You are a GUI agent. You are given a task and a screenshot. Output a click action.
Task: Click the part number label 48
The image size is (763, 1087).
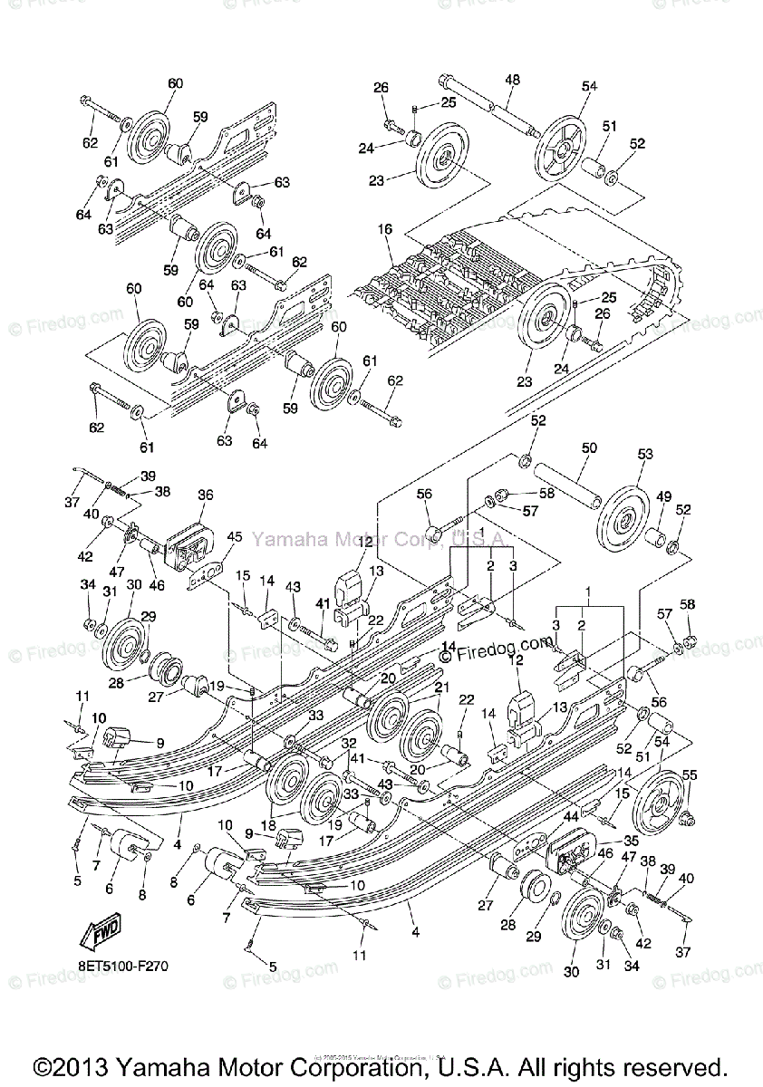[512, 81]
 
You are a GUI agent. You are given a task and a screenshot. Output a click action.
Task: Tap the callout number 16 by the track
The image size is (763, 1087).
[385, 230]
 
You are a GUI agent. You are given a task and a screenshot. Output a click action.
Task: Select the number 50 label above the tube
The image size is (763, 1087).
[589, 449]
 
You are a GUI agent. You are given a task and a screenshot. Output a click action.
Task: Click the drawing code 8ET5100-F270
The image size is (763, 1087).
[122, 966]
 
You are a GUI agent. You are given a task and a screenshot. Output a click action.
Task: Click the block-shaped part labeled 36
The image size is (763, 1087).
[188, 543]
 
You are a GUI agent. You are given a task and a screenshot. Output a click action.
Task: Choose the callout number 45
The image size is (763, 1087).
[234, 537]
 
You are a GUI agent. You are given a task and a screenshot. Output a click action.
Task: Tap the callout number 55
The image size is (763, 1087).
[689, 775]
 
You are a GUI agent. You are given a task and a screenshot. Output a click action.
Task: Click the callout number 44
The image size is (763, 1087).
[572, 816]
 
